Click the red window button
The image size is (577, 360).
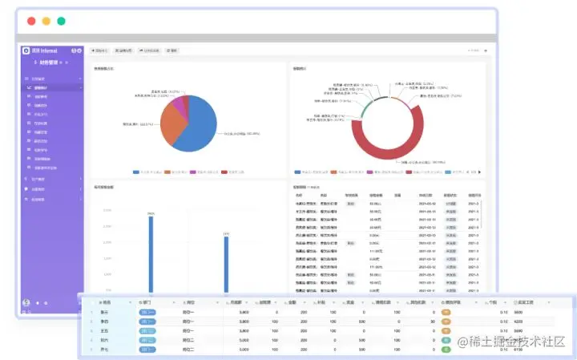point(31,21)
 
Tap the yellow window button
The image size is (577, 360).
point(46,21)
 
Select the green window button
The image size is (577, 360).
point(62,21)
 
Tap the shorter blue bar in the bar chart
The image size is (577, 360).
point(226,265)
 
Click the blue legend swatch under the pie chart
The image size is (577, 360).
point(135,172)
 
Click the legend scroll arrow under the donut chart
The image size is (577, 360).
point(479,172)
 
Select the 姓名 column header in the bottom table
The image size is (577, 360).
point(107,302)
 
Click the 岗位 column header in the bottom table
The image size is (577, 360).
point(190,302)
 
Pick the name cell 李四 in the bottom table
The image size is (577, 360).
point(104,321)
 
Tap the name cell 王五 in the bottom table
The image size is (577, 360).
point(104,330)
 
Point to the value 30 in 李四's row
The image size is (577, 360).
point(432,321)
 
